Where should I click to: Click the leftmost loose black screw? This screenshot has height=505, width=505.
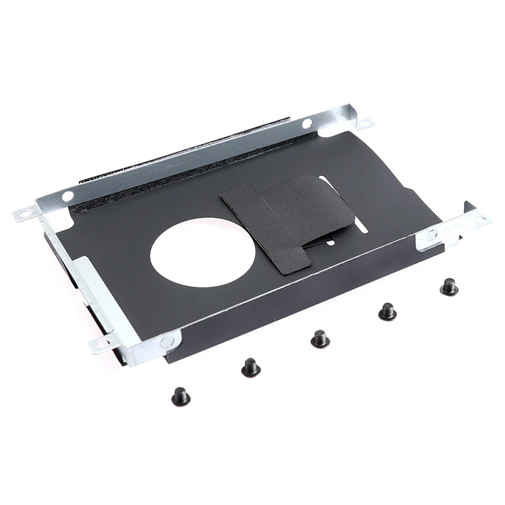click(x=181, y=397)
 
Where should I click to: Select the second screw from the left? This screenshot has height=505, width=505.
click(x=251, y=367)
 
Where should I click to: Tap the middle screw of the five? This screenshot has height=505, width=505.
click(x=320, y=339)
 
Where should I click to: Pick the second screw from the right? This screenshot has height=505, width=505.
click(x=387, y=311)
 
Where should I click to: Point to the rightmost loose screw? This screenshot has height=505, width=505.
click(x=449, y=287)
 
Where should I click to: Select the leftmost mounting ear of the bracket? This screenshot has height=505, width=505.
click(x=25, y=213)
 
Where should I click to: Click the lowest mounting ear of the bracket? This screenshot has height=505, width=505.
click(x=101, y=344)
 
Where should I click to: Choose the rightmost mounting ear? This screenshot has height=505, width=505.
click(x=483, y=220)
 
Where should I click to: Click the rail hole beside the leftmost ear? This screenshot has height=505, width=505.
click(x=67, y=196)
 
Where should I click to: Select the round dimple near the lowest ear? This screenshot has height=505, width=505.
click(x=167, y=342)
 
